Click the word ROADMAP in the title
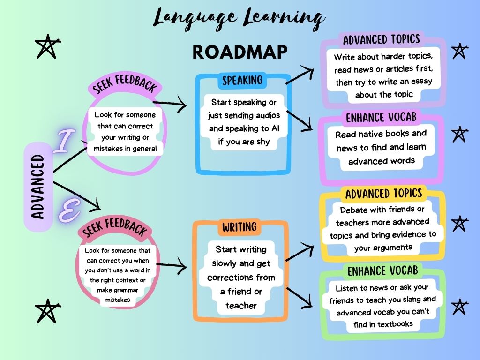pyautogui.click(x=240, y=52)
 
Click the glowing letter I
pyautogui.click(x=63, y=142)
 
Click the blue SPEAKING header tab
pyautogui.click(x=242, y=81)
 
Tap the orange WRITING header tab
pyautogui.click(x=239, y=227)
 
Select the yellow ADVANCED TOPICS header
pyautogui.click(x=383, y=194)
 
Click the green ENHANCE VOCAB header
pyautogui.click(x=382, y=271)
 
